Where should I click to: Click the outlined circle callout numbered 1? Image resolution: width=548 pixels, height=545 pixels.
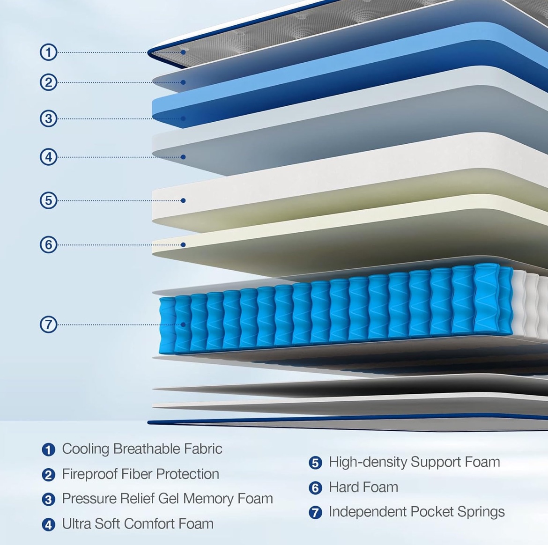coord(49,52)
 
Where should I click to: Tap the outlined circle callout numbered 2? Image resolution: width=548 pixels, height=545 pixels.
coord(49,82)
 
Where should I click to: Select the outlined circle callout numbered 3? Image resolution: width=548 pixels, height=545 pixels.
coord(49,118)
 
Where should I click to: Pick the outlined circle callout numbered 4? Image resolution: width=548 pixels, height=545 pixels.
coord(49,157)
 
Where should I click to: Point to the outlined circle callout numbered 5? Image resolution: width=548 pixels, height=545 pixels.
coord(49,200)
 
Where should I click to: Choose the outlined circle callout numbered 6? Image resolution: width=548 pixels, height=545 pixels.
coord(49,244)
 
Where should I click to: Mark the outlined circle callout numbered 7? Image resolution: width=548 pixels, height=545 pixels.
coord(49,324)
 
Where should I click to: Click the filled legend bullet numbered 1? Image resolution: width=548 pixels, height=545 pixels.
coord(48,449)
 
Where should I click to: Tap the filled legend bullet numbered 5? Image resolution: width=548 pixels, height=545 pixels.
coord(315,463)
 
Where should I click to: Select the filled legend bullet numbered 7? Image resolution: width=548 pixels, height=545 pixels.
coord(315,513)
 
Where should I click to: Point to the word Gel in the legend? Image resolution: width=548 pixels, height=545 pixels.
coord(169,499)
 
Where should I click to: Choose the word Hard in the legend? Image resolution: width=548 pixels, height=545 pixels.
coord(344,487)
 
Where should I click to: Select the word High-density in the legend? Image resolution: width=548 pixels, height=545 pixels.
coord(368,462)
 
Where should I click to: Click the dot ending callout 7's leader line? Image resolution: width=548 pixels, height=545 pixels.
coord(183,324)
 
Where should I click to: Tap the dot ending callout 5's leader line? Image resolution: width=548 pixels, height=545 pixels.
coord(183,200)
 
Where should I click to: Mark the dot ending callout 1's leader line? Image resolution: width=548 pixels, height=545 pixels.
coord(183,52)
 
